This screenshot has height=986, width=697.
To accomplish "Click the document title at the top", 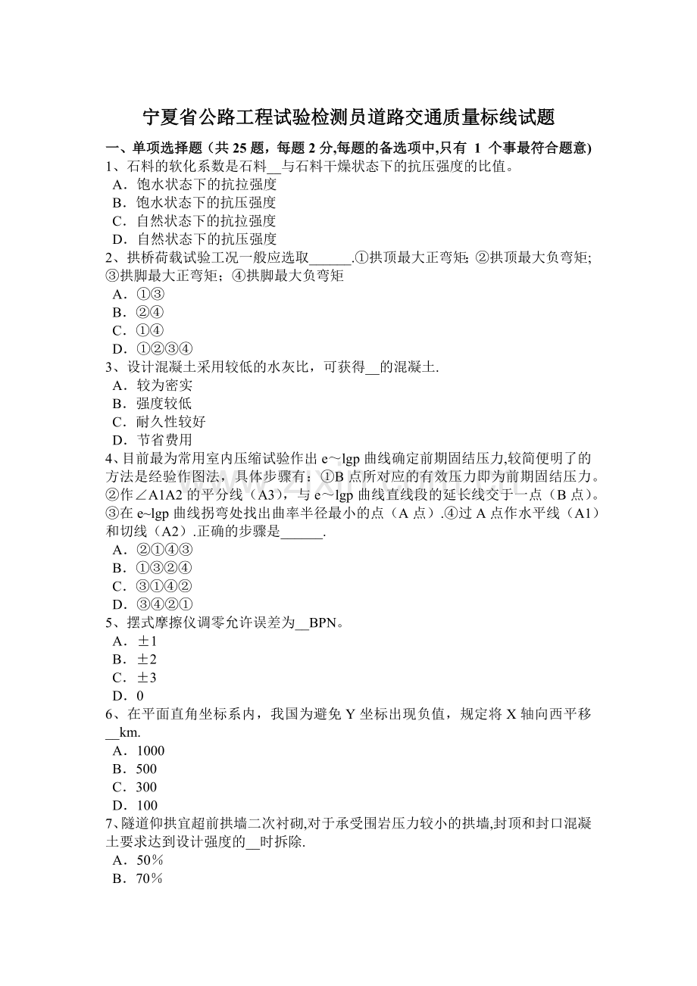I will point(348,117).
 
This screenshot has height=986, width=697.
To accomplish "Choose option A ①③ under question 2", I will point(138,294).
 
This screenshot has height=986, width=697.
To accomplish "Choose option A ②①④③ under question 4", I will point(152,550).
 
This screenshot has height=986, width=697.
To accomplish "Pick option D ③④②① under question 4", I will point(152,604).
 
